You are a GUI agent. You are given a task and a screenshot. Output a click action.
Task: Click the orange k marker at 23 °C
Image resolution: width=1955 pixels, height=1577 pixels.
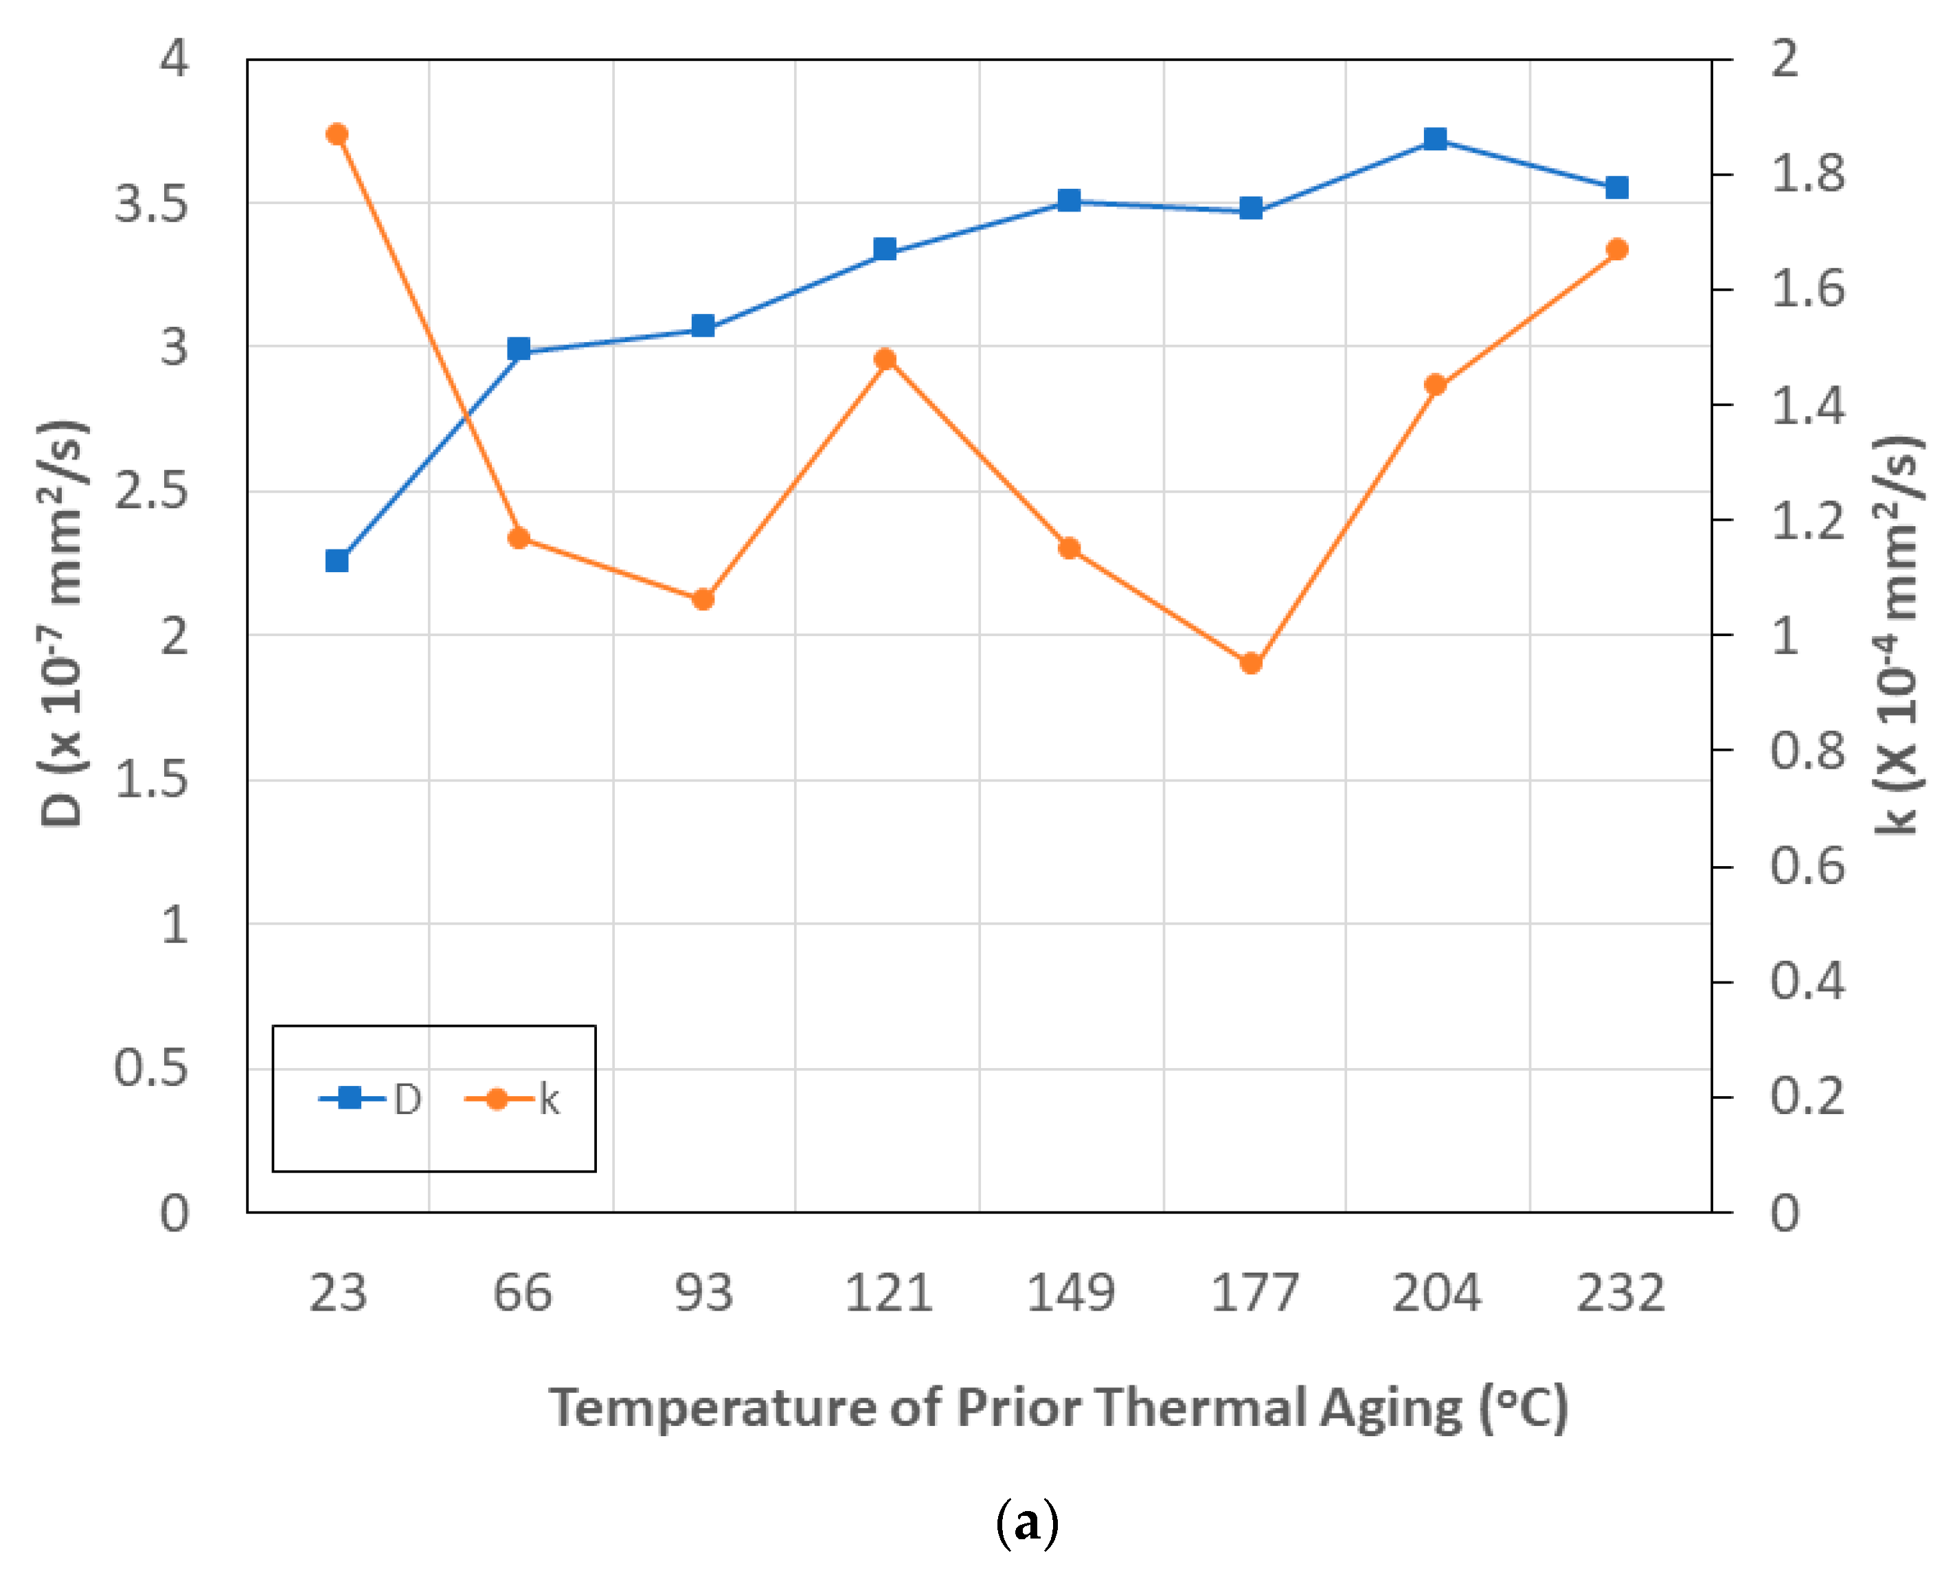[x=337, y=135]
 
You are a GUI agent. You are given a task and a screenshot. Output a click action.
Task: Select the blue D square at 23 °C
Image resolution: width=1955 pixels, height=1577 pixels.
[x=337, y=560]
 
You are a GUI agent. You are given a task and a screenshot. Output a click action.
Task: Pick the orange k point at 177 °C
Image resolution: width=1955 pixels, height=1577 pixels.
[x=1251, y=663]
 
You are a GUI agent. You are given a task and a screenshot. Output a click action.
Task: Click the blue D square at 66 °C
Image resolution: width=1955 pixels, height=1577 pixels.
[x=519, y=349]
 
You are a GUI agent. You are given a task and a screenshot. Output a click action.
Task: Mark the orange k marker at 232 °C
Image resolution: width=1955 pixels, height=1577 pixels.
[x=1617, y=249]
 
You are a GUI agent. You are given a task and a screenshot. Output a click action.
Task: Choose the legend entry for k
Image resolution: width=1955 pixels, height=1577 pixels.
[x=513, y=1099]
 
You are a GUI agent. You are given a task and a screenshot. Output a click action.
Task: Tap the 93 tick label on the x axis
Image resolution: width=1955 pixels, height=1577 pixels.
[x=703, y=1293]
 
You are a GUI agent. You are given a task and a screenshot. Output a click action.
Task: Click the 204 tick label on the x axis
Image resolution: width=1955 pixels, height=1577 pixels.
[x=1436, y=1293]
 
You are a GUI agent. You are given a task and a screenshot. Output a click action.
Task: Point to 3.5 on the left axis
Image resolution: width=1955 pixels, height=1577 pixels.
[x=151, y=203]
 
